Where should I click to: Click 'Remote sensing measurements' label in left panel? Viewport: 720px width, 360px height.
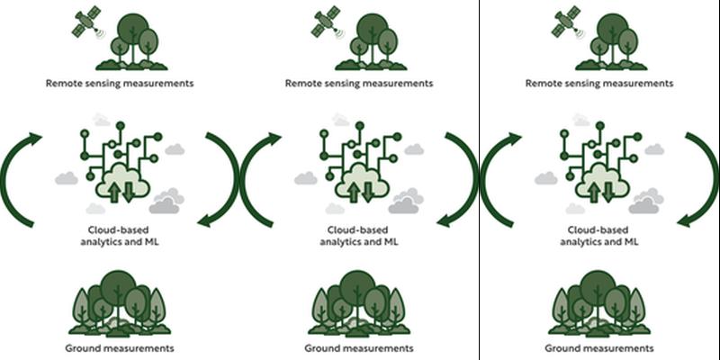(120, 83)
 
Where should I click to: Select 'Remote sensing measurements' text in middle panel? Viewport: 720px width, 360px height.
(358, 83)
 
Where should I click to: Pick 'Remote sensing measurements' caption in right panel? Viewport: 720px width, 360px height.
(598, 83)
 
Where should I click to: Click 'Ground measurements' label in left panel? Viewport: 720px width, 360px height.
(120, 347)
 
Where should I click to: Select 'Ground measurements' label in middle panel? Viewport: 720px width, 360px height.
(358, 347)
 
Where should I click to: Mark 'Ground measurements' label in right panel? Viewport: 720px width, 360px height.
(598, 347)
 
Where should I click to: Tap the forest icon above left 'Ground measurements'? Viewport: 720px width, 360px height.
(120, 301)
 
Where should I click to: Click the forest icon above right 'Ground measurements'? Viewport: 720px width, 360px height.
(598, 301)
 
